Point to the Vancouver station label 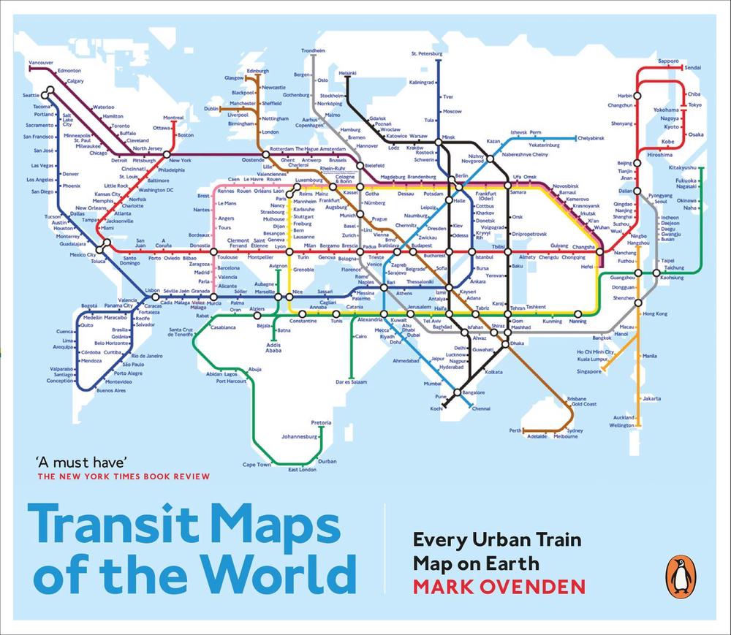41,64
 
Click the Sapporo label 669,61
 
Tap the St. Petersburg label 428,53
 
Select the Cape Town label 257,465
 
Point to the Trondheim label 313,50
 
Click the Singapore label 588,371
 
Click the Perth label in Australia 515,430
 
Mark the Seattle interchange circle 49,93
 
